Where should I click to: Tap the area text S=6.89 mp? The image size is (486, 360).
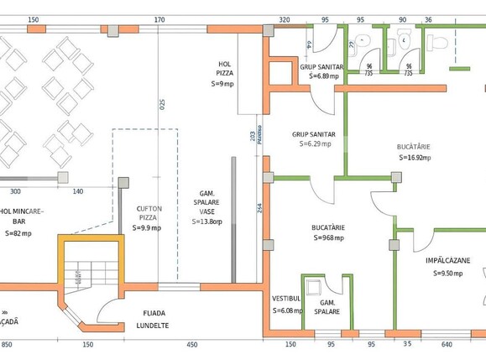317,76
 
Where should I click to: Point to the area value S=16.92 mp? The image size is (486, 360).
414,157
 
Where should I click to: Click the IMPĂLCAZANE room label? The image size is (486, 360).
447,261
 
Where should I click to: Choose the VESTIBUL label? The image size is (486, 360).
286,298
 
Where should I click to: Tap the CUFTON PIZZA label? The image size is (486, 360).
149,212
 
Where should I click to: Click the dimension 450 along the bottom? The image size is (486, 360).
191,344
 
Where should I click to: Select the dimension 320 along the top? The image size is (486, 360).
285,19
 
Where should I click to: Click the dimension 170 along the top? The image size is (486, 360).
159,19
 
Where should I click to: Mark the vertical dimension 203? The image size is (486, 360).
253,135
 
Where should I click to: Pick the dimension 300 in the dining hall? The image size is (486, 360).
15,191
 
